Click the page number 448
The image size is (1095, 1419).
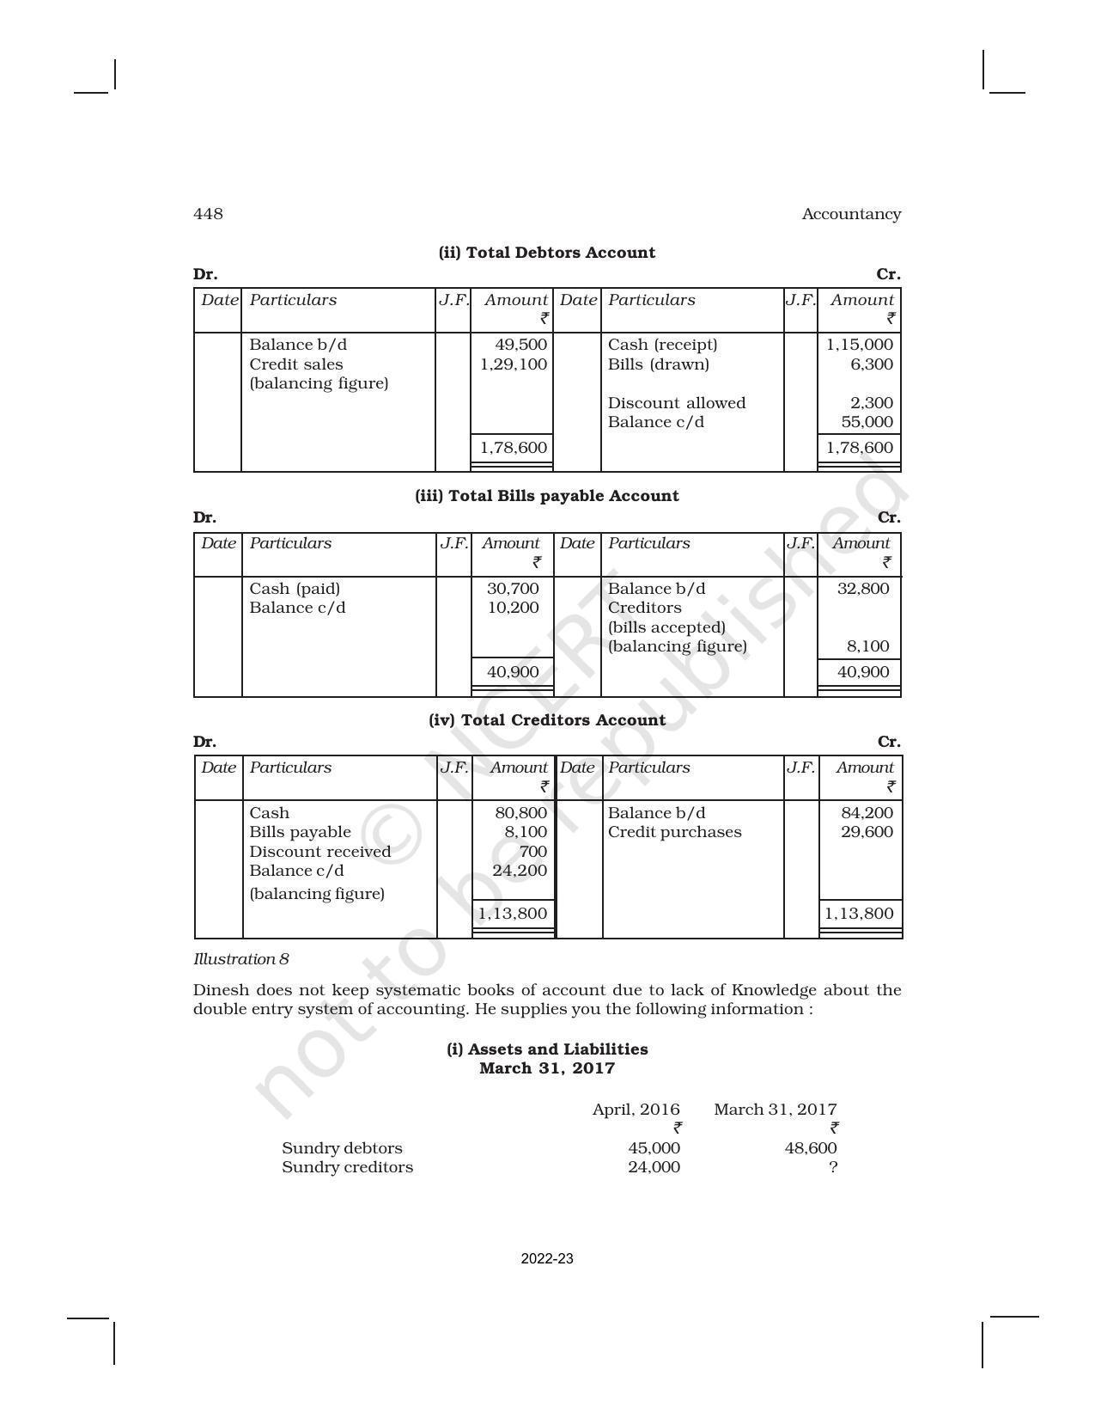click(x=208, y=214)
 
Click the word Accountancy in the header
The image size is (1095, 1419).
click(x=850, y=214)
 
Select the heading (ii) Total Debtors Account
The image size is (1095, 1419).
click(x=546, y=253)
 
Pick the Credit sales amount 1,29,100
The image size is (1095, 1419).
click(x=513, y=364)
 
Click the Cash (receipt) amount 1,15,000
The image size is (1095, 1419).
click(x=859, y=345)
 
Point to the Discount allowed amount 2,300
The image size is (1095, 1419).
click(x=872, y=403)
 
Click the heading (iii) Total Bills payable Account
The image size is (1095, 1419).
click(x=546, y=496)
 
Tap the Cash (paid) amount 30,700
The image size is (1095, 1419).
click(x=513, y=589)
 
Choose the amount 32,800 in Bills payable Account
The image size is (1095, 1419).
click(x=863, y=589)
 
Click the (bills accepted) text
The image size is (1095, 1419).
click(x=666, y=627)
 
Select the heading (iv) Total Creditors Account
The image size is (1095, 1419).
click(x=546, y=720)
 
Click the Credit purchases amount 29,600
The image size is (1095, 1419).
click(x=867, y=832)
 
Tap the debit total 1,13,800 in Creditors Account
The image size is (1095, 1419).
click(x=513, y=914)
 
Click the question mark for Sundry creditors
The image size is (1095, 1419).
click(x=832, y=1167)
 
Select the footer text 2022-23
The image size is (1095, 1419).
click(x=547, y=1259)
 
